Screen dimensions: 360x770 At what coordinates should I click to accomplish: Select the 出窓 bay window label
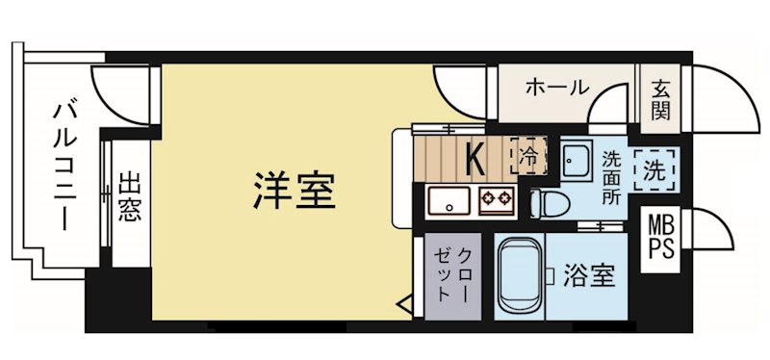(x=129, y=196)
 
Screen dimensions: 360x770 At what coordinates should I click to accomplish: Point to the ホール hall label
(x=556, y=88)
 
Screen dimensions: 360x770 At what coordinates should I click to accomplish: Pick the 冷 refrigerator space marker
(x=528, y=154)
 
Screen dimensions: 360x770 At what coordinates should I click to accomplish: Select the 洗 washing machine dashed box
(x=655, y=170)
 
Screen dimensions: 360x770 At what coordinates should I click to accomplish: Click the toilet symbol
(x=550, y=203)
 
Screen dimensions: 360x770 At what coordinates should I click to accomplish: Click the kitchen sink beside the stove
(x=449, y=201)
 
